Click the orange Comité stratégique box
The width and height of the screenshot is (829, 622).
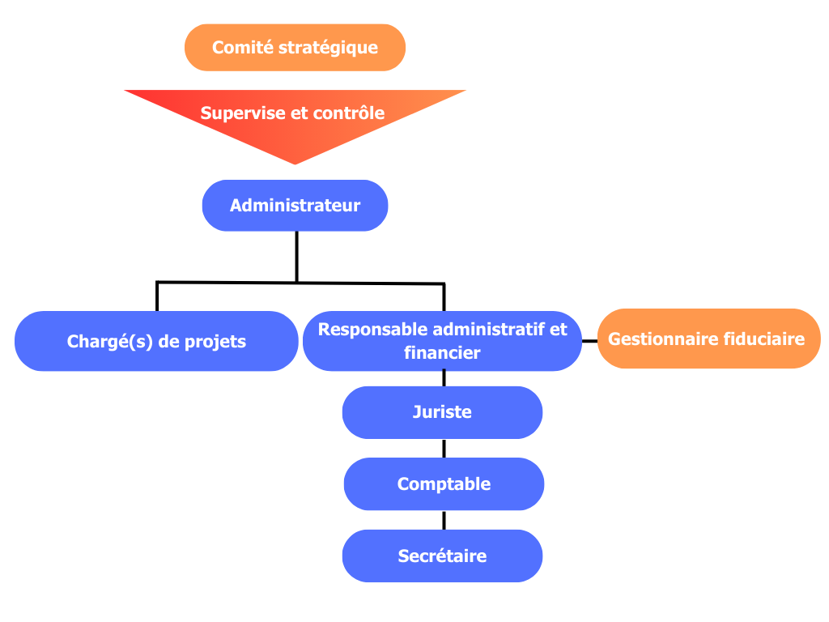click(295, 47)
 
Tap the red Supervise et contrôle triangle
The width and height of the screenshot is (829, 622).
click(295, 121)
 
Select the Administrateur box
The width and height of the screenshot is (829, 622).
click(295, 205)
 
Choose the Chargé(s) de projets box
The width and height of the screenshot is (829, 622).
click(156, 341)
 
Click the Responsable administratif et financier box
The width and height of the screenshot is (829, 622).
click(442, 341)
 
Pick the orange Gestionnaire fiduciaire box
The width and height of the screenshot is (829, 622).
click(708, 339)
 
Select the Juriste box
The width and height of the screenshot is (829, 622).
click(442, 412)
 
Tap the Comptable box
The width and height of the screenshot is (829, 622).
click(444, 484)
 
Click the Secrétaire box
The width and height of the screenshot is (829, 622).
click(442, 556)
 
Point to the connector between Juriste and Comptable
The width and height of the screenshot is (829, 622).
click(444, 449)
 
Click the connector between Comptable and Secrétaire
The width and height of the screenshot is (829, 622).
click(444, 520)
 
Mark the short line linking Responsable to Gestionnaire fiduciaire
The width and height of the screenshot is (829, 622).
click(589, 341)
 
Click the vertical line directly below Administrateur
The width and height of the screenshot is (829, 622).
click(296, 255)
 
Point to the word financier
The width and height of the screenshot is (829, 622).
click(442, 353)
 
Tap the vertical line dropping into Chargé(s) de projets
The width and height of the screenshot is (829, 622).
click(156, 296)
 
